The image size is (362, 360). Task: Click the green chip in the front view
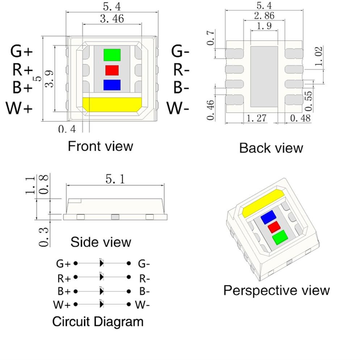point(112,55)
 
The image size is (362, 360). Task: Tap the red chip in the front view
point(112,70)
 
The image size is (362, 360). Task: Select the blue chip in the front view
point(111,84)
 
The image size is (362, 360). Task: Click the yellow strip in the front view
point(111,104)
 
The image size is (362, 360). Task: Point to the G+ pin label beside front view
point(21,51)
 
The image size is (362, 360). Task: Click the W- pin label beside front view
point(178,108)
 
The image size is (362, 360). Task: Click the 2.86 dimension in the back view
point(264,16)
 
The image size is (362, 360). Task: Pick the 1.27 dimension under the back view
point(257,118)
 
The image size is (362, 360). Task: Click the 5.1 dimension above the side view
point(115,179)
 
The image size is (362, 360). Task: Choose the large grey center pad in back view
point(264,76)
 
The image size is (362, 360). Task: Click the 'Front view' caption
point(100,146)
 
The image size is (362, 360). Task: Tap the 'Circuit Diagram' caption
point(98,321)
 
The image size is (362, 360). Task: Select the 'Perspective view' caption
point(277,290)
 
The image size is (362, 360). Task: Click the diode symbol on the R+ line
point(102,277)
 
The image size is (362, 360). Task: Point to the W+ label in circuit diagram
point(62,305)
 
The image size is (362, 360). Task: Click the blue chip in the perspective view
point(268,217)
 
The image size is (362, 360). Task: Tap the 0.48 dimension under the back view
point(300,118)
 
